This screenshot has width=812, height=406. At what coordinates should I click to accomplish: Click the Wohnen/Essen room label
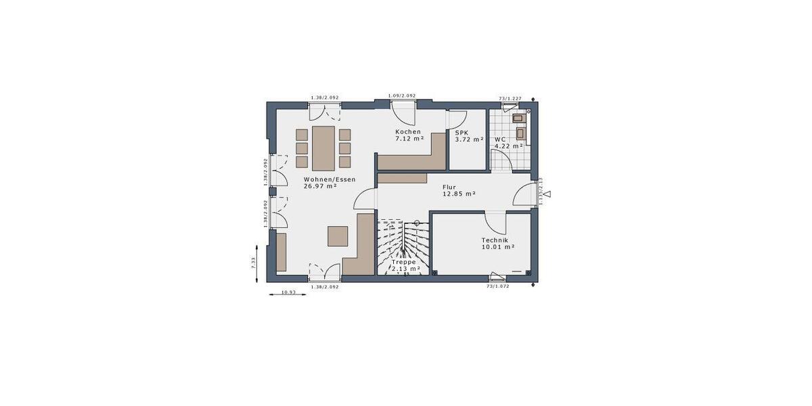pyautogui.click(x=320, y=182)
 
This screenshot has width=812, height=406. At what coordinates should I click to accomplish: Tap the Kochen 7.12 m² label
pyautogui.click(x=409, y=135)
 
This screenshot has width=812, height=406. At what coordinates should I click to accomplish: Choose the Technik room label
pyautogui.click(x=498, y=244)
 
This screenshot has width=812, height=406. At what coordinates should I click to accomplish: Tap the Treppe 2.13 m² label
pyautogui.click(x=405, y=265)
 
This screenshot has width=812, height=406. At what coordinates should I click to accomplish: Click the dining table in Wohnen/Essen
pyautogui.click(x=323, y=148)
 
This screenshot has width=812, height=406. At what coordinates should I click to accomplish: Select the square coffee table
pyautogui.click(x=338, y=236)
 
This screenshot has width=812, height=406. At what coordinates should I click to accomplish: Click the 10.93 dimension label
pyautogui.click(x=288, y=292)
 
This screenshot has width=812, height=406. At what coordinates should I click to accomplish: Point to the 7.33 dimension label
pyautogui.click(x=254, y=263)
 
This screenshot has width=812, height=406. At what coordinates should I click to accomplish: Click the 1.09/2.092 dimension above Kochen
pyautogui.click(x=401, y=96)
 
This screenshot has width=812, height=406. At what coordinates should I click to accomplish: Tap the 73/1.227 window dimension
pyautogui.click(x=511, y=99)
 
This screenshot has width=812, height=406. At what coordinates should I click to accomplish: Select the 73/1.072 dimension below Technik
pyautogui.click(x=497, y=286)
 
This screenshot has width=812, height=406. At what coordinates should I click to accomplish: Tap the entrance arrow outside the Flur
pyautogui.click(x=547, y=194)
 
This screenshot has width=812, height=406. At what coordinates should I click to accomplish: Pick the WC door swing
pyautogui.click(x=501, y=160)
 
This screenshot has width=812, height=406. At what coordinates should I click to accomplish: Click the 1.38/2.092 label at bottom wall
pyautogui.click(x=324, y=287)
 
